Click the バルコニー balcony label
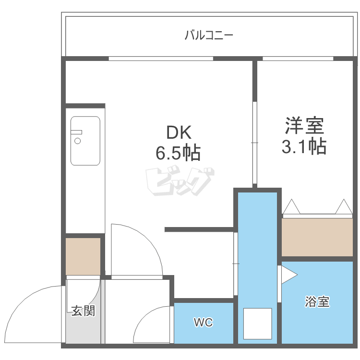pos(209,35)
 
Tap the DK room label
pos(179,132)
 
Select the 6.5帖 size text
pos(178,153)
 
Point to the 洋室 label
pos(304,125)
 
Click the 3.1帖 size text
pos(304,146)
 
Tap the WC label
pos(203,322)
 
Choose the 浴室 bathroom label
pos(317,301)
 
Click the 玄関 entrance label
pos(83,311)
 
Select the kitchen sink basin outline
pos(85,141)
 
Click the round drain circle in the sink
pos(78,141)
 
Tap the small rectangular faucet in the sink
pos(76,132)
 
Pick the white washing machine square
pos(257,324)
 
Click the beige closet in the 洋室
pos(317,237)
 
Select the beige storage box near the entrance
pos(83,256)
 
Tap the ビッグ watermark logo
pos(180,181)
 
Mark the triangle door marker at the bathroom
pos(289,275)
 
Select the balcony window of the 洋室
pos(298,59)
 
